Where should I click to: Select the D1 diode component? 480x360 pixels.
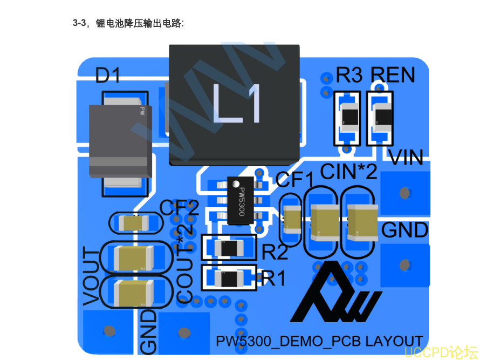[120, 140]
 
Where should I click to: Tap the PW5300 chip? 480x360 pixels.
[241, 200]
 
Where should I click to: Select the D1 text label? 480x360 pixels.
[107, 76]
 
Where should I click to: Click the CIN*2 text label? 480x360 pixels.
[348, 172]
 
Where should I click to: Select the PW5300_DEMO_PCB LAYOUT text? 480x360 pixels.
[319, 341]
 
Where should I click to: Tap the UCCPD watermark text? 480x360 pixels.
[441, 352]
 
